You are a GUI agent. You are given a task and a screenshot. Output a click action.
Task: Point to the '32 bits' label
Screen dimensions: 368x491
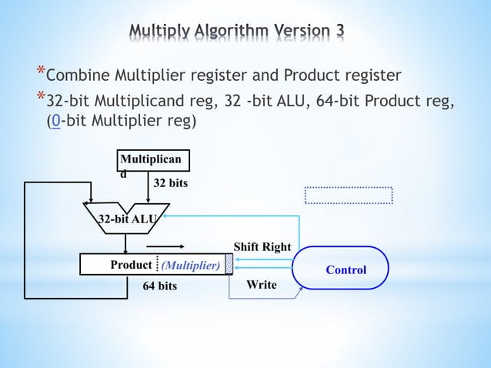click(170, 184)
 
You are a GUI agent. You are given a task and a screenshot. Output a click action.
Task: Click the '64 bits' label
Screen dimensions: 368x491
click(160, 286)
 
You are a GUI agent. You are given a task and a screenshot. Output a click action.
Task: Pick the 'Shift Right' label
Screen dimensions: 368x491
click(262, 247)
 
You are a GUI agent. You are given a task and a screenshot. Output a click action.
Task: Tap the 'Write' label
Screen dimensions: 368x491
click(261, 285)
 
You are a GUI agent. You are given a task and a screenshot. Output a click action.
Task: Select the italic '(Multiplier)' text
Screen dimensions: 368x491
click(190, 266)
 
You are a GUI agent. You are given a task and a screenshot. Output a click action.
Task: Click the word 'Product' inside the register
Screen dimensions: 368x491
click(131, 265)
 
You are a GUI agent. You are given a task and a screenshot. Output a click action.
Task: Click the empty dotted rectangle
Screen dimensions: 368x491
click(349, 196)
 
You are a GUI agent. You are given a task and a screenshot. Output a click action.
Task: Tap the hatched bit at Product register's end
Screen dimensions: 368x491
click(229, 264)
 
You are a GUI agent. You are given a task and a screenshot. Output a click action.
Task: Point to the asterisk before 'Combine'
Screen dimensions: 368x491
click(40, 72)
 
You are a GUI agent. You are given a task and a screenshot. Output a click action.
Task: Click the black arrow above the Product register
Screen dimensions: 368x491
click(170, 246)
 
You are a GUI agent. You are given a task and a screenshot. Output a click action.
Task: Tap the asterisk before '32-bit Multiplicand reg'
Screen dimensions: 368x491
click(40, 98)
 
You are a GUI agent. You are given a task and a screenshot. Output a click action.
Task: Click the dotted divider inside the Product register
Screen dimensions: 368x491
click(156, 264)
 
